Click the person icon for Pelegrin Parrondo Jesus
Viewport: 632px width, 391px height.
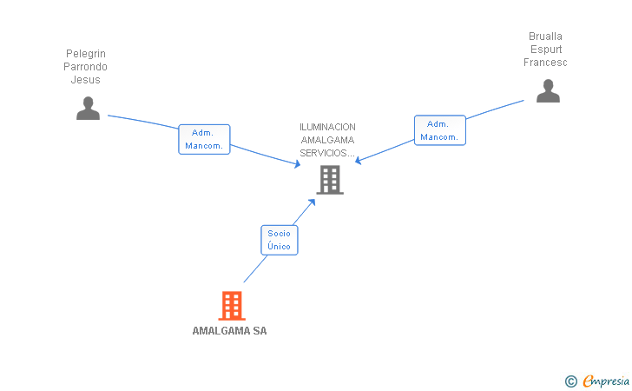point(88,108)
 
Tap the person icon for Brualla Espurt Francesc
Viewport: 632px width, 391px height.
point(548,90)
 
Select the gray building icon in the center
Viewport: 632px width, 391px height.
point(330,180)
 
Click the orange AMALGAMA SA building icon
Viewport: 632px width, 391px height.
point(231,305)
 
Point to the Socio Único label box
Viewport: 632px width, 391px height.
point(280,240)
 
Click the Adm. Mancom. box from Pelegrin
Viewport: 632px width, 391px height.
point(204,139)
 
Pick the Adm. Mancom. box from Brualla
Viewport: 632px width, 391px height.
point(440,130)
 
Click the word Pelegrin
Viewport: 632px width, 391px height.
point(86,54)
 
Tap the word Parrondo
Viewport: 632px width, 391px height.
point(86,67)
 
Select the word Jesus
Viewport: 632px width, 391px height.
point(86,80)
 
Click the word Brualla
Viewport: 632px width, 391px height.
point(545,36)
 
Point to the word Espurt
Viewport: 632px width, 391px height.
point(545,50)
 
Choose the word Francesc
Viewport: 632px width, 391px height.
point(545,63)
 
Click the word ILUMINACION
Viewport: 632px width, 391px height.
point(327,127)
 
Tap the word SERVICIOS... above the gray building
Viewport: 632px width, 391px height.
point(327,153)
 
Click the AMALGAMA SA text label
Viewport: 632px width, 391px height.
point(229,331)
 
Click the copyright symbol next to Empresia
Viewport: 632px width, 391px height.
point(570,381)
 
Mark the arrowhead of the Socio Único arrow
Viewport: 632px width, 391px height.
point(313,201)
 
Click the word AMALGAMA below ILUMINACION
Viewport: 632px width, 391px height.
point(327,140)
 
